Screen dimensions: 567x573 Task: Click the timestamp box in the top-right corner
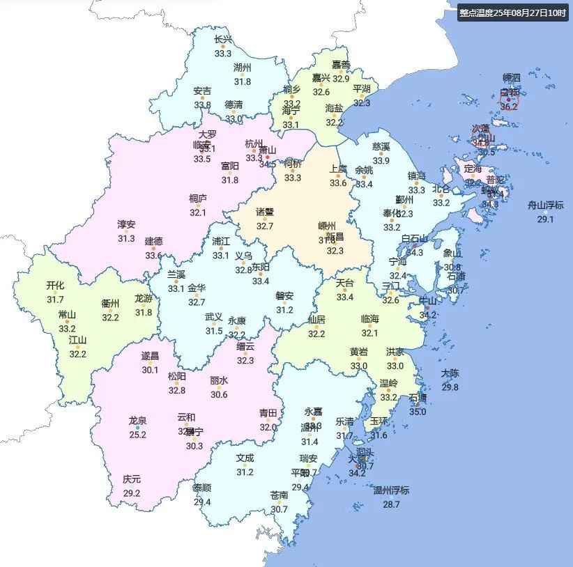click(x=513, y=13)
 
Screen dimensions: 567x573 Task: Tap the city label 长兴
click(x=223, y=40)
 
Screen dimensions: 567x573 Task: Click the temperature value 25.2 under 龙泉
click(x=137, y=435)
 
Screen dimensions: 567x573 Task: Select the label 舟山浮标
click(x=545, y=205)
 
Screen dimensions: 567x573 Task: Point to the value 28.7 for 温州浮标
click(x=391, y=504)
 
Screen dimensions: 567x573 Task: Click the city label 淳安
click(x=126, y=224)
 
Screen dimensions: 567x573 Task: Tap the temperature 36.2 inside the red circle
click(x=509, y=107)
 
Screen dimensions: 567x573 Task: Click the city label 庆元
click(x=132, y=479)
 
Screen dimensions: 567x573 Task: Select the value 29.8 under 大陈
click(x=450, y=387)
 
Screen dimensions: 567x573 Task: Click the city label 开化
click(x=55, y=286)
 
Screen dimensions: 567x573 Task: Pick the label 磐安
click(x=284, y=296)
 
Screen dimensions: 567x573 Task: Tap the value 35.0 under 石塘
click(x=418, y=412)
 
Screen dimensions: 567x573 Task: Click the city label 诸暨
click(x=265, y=212)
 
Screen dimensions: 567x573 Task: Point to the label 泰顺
click(x=202, y=488)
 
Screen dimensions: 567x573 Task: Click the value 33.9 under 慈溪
click(x=381, y=160)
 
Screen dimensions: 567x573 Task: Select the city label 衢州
click(x=111, y=303)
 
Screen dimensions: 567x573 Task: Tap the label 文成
click(x=245, y=458)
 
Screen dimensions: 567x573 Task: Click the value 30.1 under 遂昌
click(x=150, y=370)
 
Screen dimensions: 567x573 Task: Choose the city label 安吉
click(x=203, y=91)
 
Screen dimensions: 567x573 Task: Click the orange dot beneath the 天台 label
click(x=345, y=290)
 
